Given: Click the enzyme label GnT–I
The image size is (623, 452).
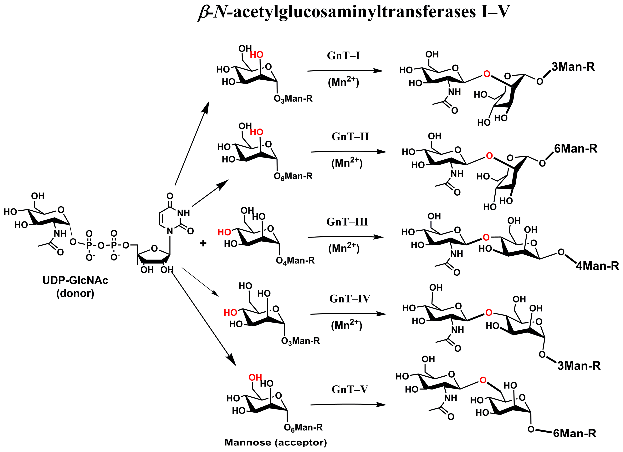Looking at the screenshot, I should pyautogui.click(x=343, y=56).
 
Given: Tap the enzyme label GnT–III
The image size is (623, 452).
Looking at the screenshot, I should pyautogui.click(x=347, y=222).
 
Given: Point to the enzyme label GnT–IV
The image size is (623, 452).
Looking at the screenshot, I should pyautogui.click(x=350, y=299).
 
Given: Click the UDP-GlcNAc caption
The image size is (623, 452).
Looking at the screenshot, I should pyautogui.click(x=75, y=280).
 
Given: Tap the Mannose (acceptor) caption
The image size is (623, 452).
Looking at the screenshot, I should pyautogui.click(x=276, y=442).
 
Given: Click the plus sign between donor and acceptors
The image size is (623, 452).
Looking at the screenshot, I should pyautogui.click(x=203, y=243).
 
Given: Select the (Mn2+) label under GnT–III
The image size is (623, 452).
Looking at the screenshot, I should pyautogui.click(x=344, y=248).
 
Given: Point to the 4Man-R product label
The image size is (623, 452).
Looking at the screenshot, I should pyautogui.click(x=597, y=266).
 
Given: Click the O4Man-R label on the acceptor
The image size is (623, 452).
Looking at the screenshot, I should pyautogui.click(x=295, y=260).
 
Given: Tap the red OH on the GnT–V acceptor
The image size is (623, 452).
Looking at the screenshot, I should pyautogui.click(x=255, y=378).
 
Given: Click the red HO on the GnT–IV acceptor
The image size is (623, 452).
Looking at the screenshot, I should pyautogui.click(x=230, y=312).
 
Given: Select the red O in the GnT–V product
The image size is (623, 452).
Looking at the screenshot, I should pyautogui.click(x=483, y=380).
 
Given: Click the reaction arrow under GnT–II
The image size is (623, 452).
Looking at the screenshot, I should pyautogui.click(x=348, y=152).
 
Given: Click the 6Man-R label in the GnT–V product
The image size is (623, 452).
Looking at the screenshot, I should pyautogui.click(x=574, y=433).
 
